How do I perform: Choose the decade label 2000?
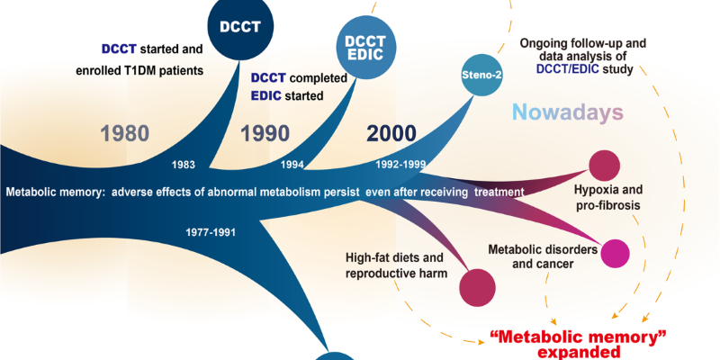[391, 134]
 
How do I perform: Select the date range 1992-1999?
[400, 165]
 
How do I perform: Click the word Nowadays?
[569, 113]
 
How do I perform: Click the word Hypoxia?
[598, 192]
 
